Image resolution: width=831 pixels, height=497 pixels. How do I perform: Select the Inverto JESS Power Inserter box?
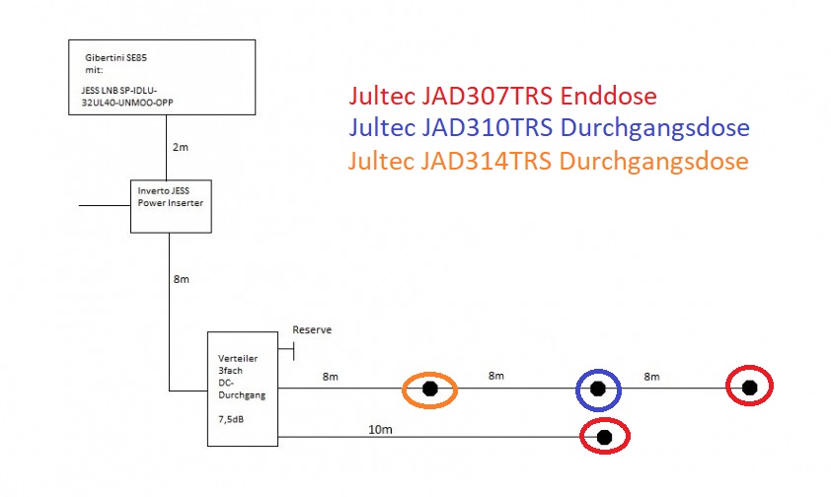point(172,205)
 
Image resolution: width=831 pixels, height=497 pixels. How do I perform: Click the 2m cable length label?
point(181,147)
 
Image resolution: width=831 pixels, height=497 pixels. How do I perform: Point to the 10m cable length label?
point(380,430)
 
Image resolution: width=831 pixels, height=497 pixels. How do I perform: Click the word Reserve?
point(312,329)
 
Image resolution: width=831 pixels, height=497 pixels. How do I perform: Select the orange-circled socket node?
point(429,390)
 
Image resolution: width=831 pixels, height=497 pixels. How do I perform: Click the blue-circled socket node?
point(598,390)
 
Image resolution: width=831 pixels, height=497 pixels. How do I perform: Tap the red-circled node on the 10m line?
point(604,436)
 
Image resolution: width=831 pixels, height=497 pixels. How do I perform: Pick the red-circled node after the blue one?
point(749,386)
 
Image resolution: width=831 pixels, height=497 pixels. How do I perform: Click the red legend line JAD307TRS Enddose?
point(502,97)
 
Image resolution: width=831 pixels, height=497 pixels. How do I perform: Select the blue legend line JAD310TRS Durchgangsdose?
point(549,128)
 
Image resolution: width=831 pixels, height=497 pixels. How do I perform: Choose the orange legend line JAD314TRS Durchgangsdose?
point(549,160)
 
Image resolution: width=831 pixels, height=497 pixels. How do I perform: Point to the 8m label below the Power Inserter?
point(181,279)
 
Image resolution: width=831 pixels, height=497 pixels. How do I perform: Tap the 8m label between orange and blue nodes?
point(495,376)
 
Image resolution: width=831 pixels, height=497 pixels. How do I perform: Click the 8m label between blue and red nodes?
point(651,376)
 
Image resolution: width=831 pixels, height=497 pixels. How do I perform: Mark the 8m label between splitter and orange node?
point(331,376)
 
